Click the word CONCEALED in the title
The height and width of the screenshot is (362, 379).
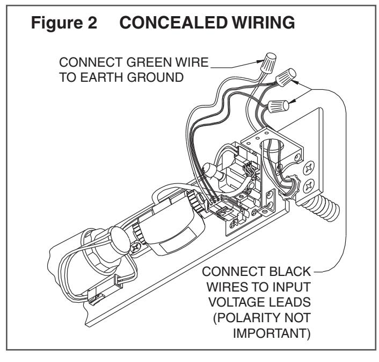click(x=173, y=23)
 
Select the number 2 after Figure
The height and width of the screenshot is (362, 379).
click(x=92, y=23)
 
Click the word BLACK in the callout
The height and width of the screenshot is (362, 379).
click(x=290, y=272)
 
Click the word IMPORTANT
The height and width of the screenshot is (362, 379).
click(x=270, y=333)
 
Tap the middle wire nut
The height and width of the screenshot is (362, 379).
click(x=286, y=77)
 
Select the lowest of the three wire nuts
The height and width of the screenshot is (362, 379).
click(x=278, y=107)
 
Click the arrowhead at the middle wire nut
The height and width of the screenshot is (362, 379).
click(x=295, y=82)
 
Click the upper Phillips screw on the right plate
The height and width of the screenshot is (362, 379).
click(x=309, y=167)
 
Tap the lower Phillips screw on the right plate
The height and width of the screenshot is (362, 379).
click(x=309, y=186)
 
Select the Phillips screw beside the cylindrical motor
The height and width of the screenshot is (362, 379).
click(x=136, y=247)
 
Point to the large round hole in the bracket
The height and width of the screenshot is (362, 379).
click(x=272, y=146)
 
